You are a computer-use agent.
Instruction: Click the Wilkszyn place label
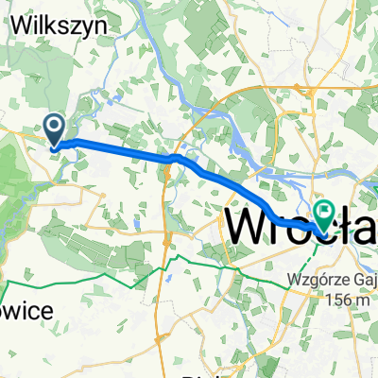pos(64,27)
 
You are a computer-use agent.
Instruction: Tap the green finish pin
pos(325,215)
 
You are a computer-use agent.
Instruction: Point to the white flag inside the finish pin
pos(325,212)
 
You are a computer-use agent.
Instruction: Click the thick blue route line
pos(123,148)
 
